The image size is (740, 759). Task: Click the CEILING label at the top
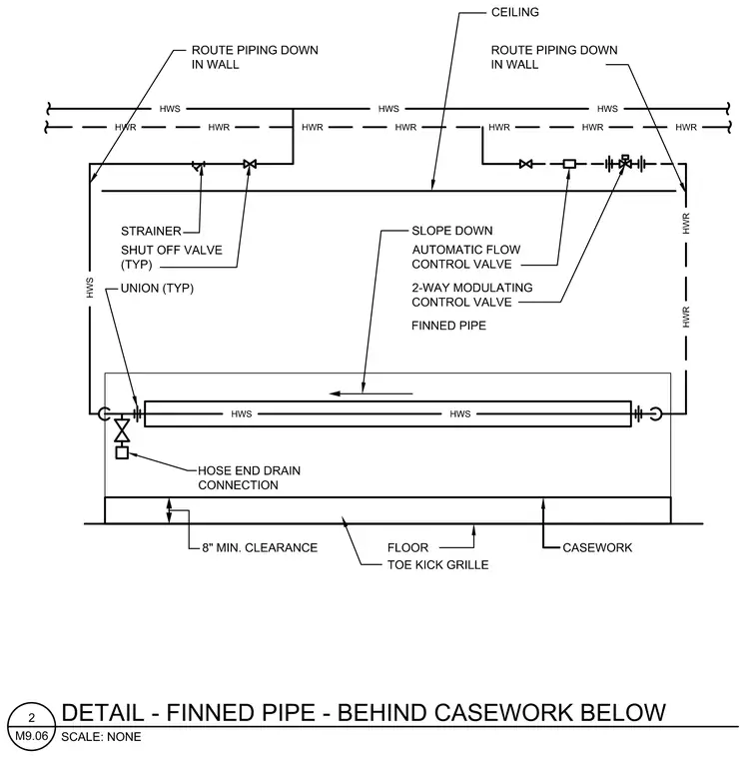click(514, 12)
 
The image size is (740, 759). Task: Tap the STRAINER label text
click(151, 231)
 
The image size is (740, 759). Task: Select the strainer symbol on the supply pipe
click(199, 166)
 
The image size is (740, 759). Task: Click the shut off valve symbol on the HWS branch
click(250, 164)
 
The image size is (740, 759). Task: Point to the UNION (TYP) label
click(157, 288)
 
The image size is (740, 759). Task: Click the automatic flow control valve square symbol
click(569, 164)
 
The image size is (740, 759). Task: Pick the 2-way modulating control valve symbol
click(625, 163)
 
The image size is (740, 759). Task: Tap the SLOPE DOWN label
click(452, 231)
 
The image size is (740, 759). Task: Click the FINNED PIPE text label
click(448, 326)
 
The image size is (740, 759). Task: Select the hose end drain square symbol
click(122, 453)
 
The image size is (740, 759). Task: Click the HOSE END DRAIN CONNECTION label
click(249, 477)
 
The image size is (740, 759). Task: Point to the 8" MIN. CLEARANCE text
click(260, 547)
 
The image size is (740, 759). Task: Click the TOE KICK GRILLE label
click(437, 564)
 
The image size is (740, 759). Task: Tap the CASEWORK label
click(597, 547)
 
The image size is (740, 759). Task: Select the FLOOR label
click(407, 547)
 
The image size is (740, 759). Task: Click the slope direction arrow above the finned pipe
click(370, 393)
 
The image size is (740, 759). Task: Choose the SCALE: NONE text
click(101, 737)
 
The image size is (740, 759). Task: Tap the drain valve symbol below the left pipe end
click(122, 430)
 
